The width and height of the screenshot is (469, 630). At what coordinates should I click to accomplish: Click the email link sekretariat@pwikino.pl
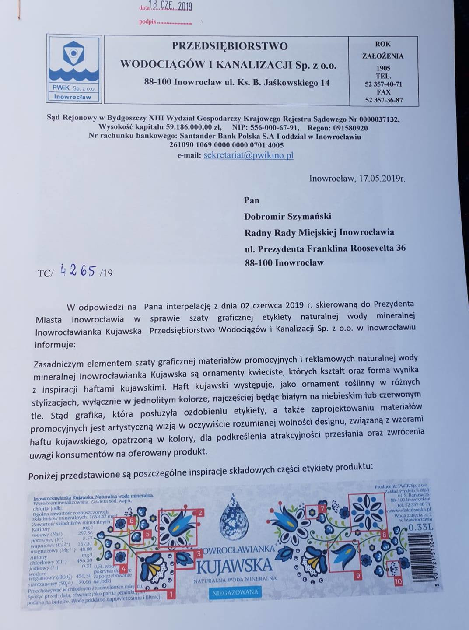tap(248, 155)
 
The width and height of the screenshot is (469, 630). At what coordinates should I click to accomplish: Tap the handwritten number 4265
tap(78, 271)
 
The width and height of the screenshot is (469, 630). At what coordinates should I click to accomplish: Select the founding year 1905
tap(383, 68)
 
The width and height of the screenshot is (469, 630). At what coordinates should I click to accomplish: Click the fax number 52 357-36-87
tap(384, 100)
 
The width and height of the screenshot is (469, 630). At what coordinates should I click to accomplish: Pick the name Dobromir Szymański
tap(287, 216)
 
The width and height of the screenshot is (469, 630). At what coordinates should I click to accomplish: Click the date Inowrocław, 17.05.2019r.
tap(357, 178)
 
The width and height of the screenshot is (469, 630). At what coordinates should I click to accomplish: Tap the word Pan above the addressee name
tap(252, 200)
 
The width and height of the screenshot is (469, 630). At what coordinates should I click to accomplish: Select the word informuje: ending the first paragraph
tap(55, 344)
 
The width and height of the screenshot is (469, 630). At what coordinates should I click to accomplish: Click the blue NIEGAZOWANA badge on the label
tap(235, 593)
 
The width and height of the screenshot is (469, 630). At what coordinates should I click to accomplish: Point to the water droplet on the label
tap(234, 516)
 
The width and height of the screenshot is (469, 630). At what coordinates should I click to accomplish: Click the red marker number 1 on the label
tap(170, 594)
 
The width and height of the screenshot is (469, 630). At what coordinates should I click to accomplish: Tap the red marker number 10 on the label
tap(398, 581)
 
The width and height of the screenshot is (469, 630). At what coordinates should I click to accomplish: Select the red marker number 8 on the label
tap(384, 534)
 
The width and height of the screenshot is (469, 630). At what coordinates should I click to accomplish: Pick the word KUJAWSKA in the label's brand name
tap(234, 566)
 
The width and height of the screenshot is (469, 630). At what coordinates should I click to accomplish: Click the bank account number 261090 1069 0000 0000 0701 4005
tap(226, 145)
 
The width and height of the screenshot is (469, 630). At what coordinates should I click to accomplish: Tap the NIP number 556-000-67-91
tap(274, 128)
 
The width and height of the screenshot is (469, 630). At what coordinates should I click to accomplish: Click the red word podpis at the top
tap(147, 21)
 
